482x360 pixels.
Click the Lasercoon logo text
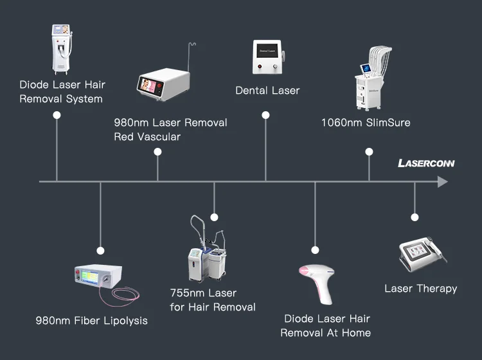coord(426,163)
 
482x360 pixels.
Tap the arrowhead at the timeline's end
coord(442,182)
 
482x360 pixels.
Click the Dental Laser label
coord(267,91)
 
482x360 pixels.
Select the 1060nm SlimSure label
coord(366,122)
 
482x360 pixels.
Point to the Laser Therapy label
coord(420,288)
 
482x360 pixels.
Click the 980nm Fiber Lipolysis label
coord(91,320)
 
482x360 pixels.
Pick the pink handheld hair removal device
coord(319,280)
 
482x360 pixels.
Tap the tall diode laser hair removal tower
coord(62,48)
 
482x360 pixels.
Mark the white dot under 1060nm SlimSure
coord(369,152)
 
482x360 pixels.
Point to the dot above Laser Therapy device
coord(415,217)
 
